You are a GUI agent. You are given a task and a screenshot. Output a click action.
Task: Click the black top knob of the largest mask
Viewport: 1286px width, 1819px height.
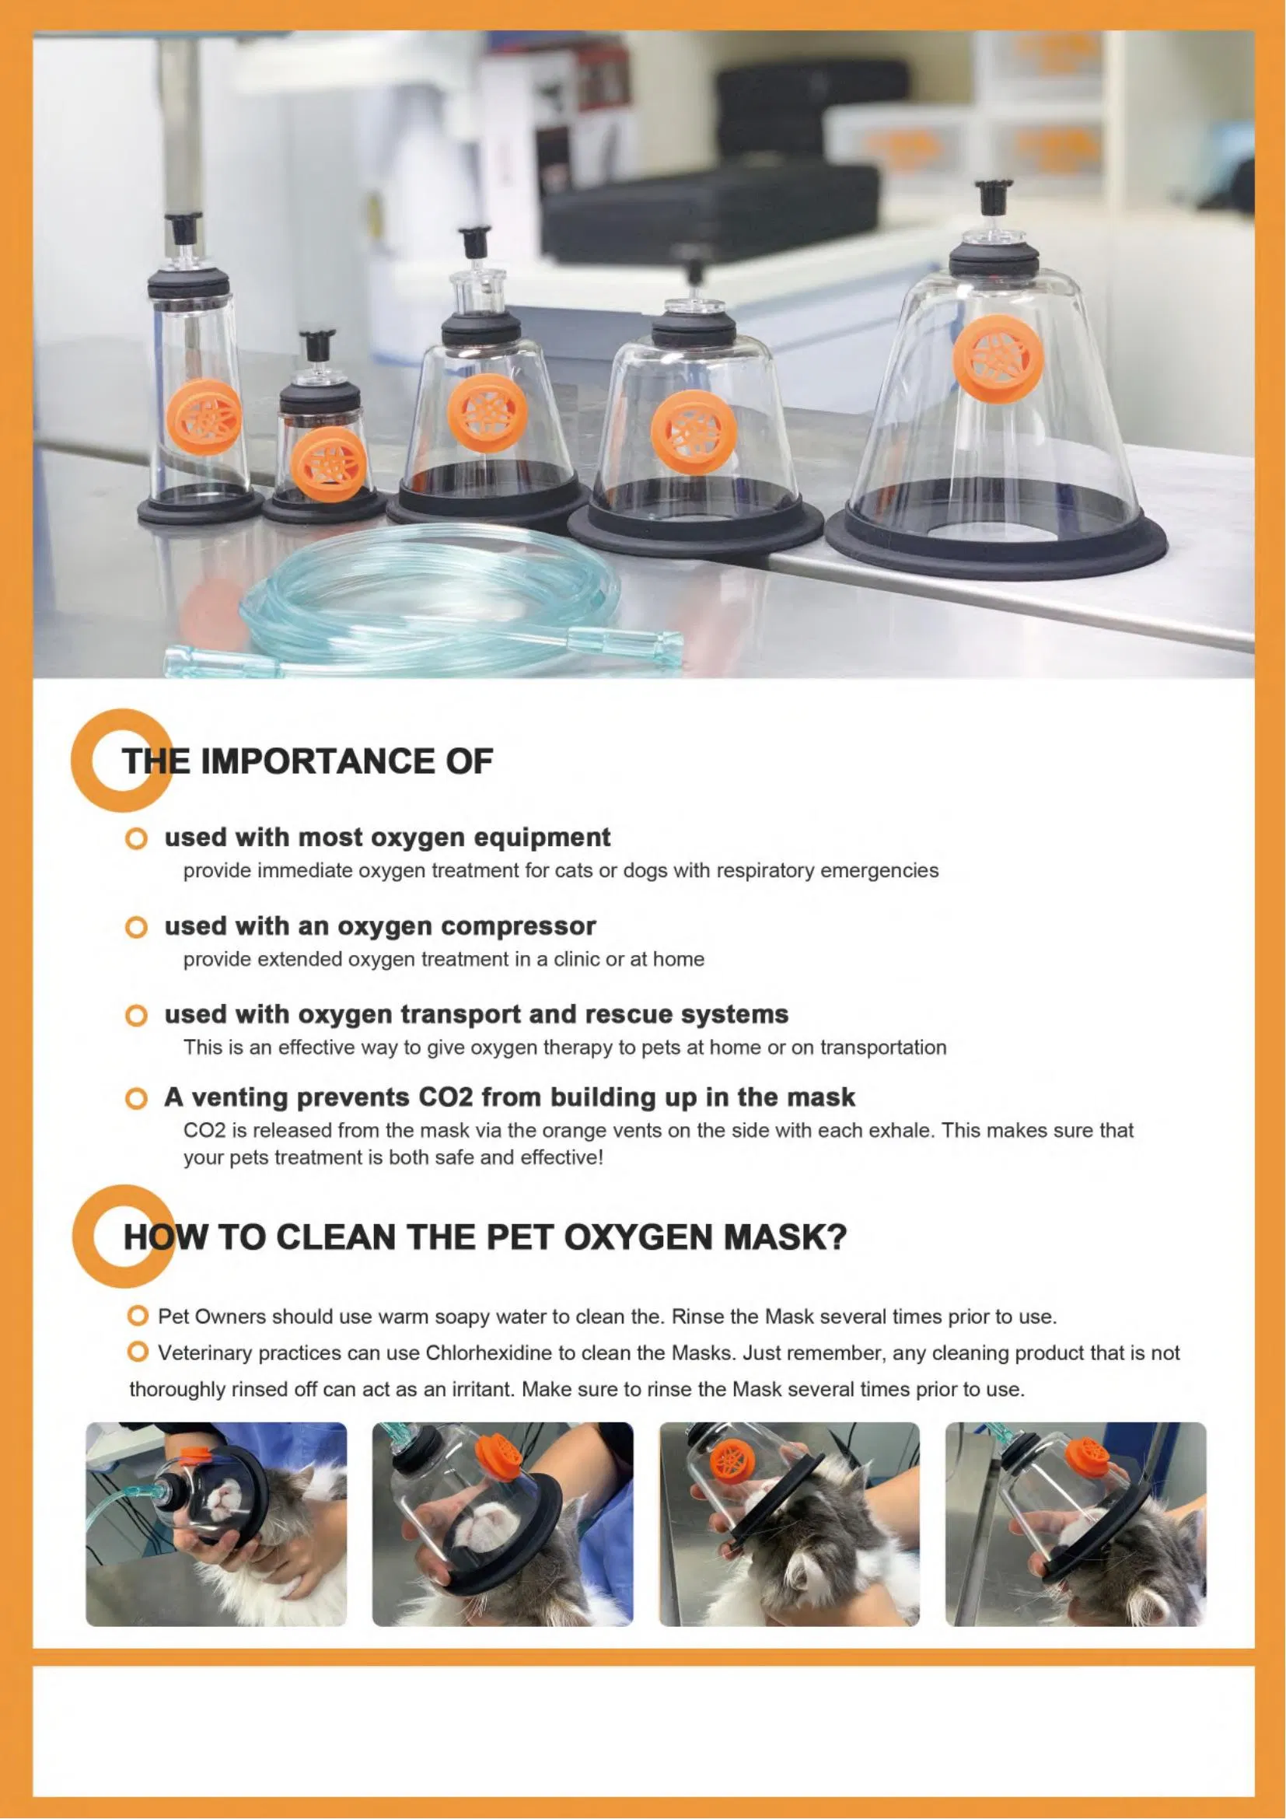click(994, 194)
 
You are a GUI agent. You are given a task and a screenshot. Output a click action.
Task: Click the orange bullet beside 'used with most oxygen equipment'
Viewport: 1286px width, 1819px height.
click(136, 838)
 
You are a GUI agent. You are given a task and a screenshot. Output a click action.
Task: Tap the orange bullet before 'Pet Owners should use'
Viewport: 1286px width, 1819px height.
click(138, 1316)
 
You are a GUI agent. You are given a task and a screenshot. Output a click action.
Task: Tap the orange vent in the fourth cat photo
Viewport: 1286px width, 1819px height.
click(1087, 1451)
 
